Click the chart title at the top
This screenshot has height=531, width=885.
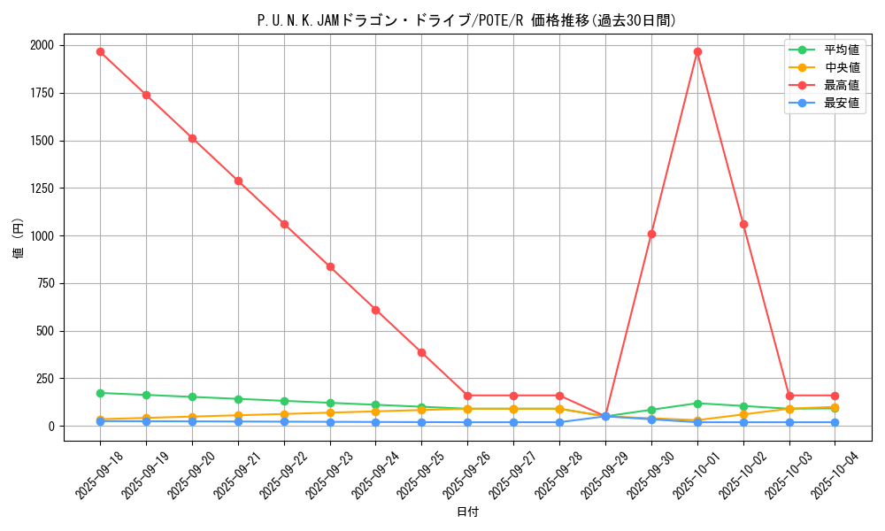(466, 20)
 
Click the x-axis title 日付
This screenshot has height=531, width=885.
(467, 512)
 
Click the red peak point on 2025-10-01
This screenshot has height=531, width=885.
(697, 51)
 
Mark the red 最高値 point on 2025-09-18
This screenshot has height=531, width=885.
(100, 51)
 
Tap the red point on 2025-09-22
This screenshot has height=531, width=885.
(284, 224)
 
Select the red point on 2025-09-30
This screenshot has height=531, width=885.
(651, 234)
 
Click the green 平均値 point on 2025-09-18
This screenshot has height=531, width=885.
(100, 393)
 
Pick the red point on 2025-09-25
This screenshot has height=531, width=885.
(422, 352)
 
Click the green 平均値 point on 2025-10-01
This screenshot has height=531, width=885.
(697, 404)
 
